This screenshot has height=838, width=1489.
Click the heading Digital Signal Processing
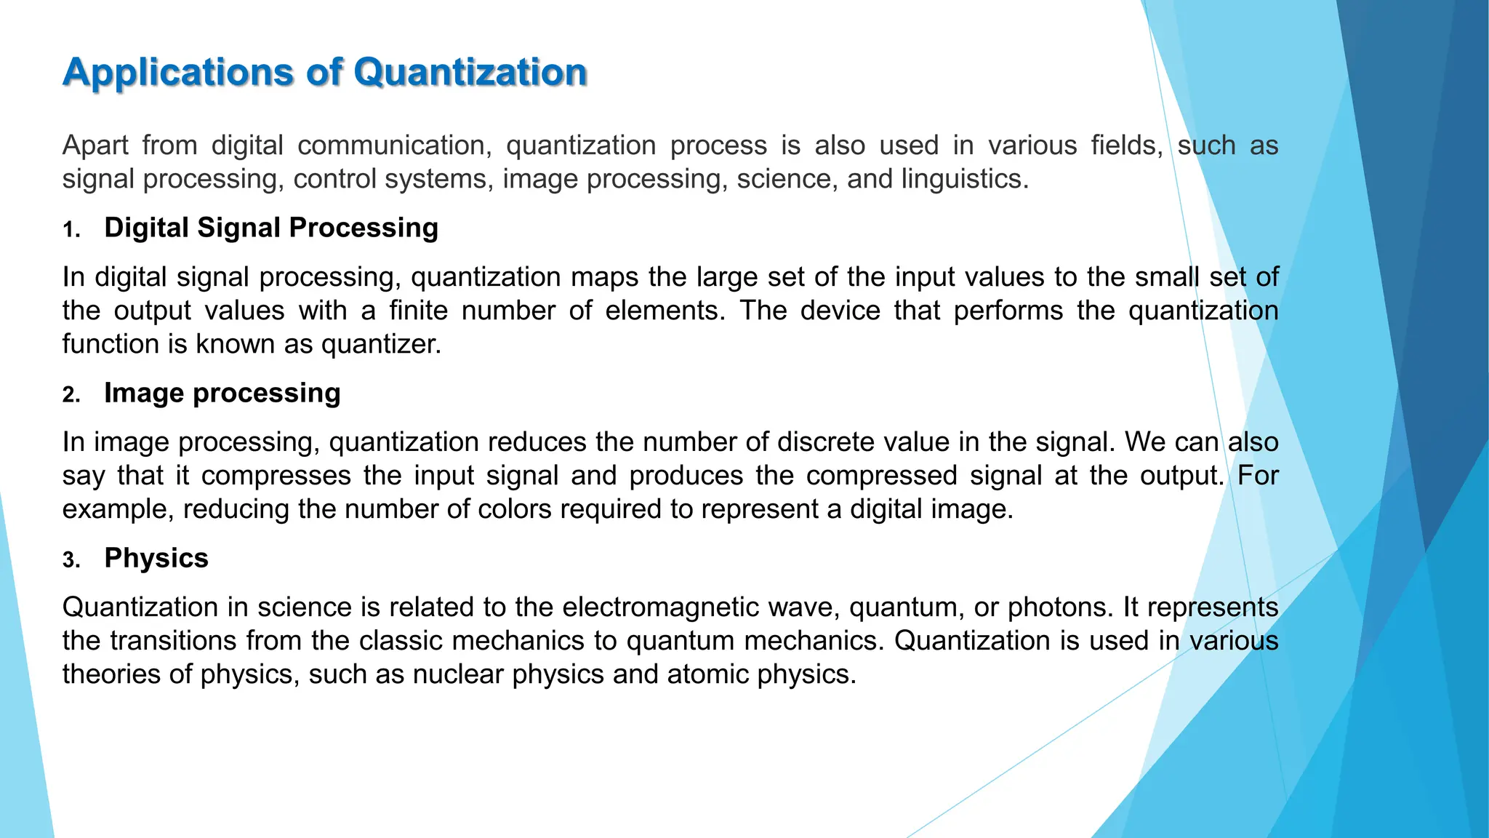pyautogui.click(x=271, y=228)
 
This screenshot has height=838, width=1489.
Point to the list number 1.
pyautogui.click(x=71, y=231)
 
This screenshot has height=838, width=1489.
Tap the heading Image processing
pyautogui.click(x=222, y=393)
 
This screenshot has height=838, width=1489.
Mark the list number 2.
pyautogui.click(x=71, y=395)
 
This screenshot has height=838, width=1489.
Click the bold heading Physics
pyautogui.click(x=156, y=558)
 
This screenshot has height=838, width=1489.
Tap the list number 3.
pyautogui.click(x=71, y=561)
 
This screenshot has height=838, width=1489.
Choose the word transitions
pyautogui.click(x=174, y=641)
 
